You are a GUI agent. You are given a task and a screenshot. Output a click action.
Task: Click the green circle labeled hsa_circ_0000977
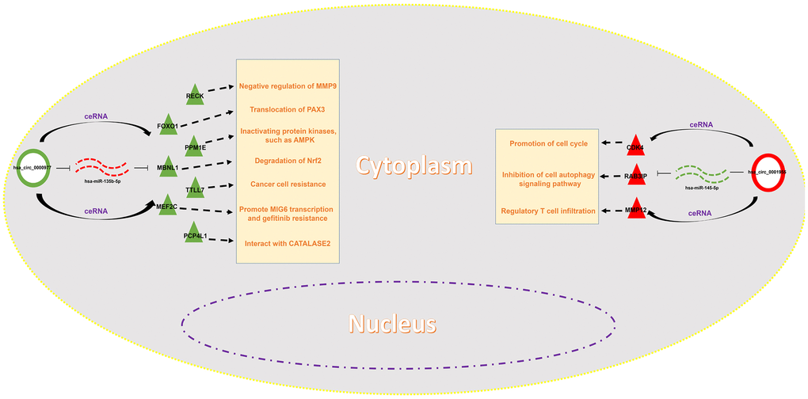(32, 168)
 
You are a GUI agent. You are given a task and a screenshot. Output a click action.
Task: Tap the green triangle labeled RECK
(195, 93)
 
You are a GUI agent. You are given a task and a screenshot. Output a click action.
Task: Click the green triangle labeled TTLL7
(195, 187)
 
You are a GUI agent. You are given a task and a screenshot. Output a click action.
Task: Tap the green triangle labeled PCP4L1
(195, 232)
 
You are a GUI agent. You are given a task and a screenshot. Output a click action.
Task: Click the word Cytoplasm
(413, 165)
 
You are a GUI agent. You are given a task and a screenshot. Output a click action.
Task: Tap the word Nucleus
(392, 323)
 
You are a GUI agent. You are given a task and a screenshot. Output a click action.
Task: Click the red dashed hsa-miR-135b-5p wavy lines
(101, 167)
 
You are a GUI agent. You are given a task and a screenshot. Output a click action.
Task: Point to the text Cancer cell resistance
(288, 184)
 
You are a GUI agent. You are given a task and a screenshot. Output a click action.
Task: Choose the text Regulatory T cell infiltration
(547, 210)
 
